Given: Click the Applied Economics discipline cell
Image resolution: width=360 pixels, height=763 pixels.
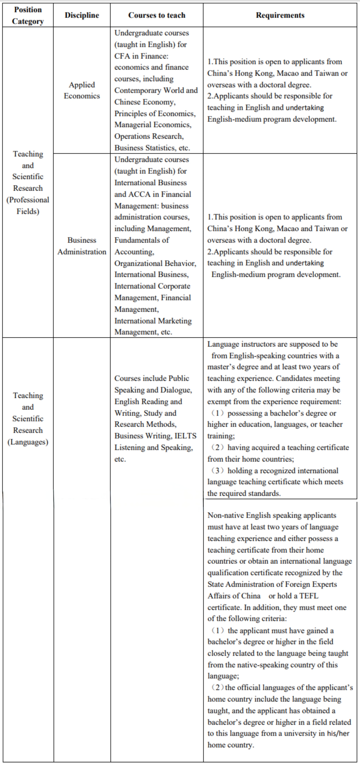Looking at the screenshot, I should pyautogui.click(x=82, y=90).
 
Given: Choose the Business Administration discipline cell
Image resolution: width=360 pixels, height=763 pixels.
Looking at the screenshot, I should pyautogui.click(x=82, y=246).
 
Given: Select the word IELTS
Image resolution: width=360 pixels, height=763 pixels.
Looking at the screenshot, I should pyautogui.click(x=186, y=436).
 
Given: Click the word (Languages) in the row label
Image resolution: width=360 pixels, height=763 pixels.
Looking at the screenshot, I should pyautogui.click(x=28, y=442).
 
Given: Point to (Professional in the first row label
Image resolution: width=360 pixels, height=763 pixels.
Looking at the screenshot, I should pyautogui.click(x=28, y=200).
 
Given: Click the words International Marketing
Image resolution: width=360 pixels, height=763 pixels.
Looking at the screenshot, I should pyautogui.click(x=153, y=321).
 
